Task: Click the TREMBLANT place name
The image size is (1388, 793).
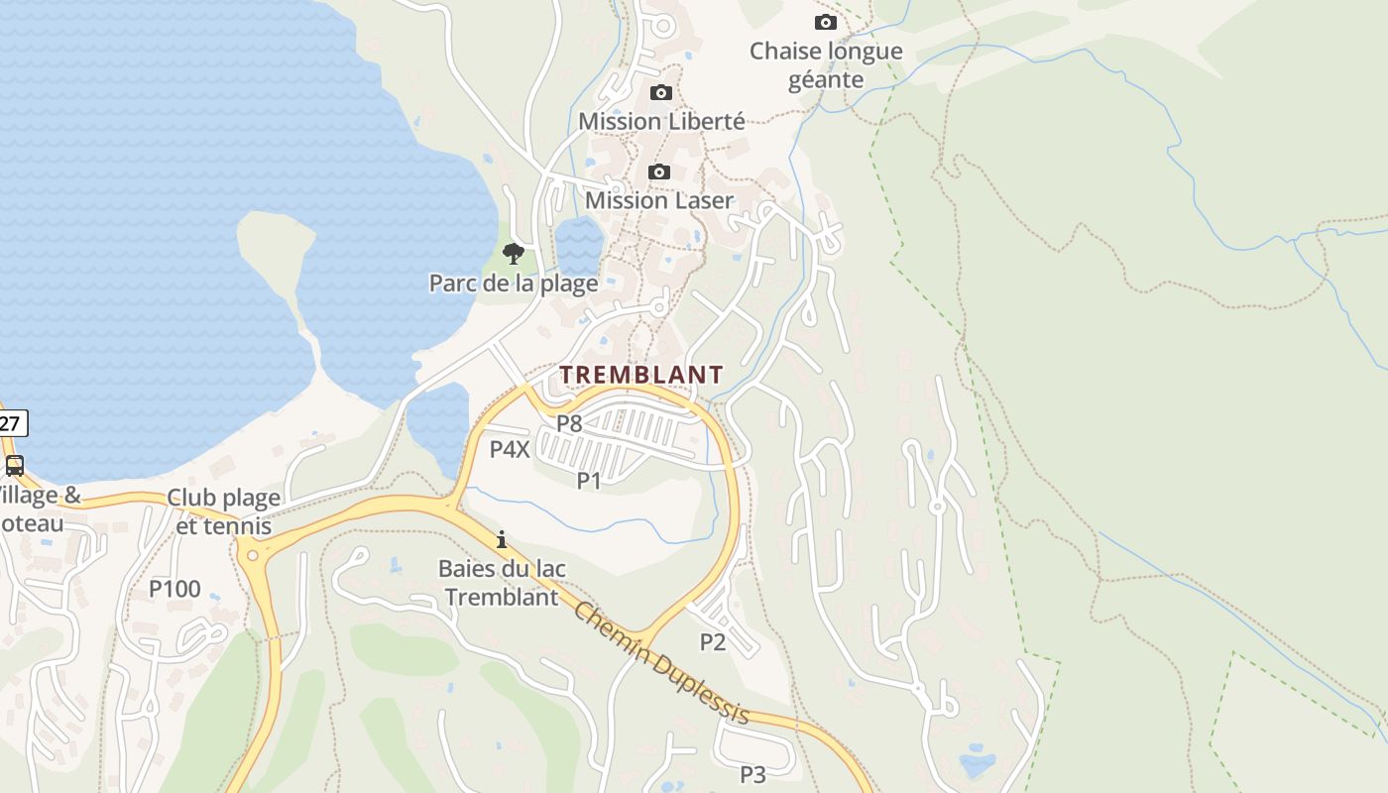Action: coord(641,375)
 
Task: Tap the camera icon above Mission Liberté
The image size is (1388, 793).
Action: coord(660,93)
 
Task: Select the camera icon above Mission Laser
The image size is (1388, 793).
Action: coord(659,172)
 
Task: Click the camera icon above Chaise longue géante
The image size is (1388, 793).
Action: coord(825,22)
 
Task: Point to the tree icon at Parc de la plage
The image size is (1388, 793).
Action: coord(513,254)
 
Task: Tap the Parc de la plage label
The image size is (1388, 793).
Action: coord(514,283)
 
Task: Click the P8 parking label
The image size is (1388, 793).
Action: coord(568,423)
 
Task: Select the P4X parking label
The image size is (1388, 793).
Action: coord(510,449)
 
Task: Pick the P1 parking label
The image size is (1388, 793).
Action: coord(589,481)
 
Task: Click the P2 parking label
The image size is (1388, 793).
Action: coord(713,641)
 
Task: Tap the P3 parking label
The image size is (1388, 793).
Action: coord(753,774)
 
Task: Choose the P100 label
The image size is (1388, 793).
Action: coord(174,589)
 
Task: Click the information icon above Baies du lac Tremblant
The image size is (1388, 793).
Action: coord(502,539)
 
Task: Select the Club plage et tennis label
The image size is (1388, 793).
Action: coord(223,510)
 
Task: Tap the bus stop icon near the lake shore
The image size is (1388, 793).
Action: coord(14,465)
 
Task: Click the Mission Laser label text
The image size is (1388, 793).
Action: coord(659,200)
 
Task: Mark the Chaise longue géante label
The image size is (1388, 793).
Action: coord(826,65)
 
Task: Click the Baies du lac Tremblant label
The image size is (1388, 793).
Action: coord(502,583)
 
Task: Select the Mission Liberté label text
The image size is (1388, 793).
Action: coord(661,121)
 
